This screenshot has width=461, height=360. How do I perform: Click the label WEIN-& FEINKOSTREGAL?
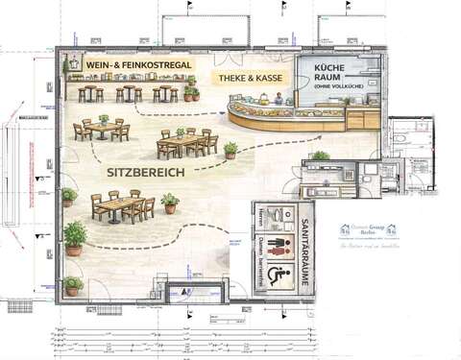pos(139,64)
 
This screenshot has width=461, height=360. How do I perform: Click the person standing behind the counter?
pos(278,97)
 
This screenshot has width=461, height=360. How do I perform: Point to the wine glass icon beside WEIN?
pos(74,64)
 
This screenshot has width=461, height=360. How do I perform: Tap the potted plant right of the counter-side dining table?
pos(230,150)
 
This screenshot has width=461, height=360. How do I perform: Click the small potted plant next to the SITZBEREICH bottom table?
pos(170,203)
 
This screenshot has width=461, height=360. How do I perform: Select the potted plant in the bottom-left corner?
pos(72,285)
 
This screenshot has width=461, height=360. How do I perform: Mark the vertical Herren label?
pos(261,215)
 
